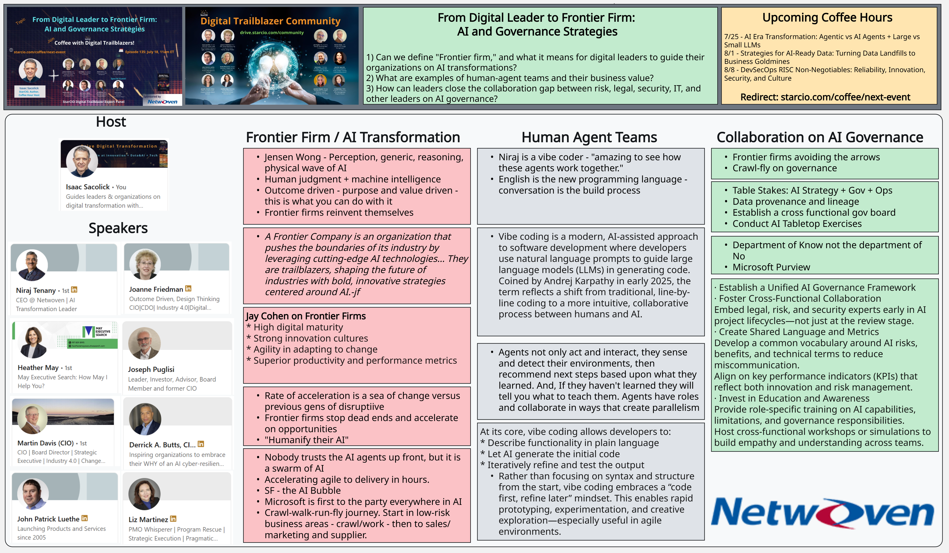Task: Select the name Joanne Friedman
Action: tap(156, 289)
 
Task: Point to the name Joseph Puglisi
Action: tap(151, 369)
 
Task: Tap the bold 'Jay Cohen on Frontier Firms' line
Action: tap(306, 316)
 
